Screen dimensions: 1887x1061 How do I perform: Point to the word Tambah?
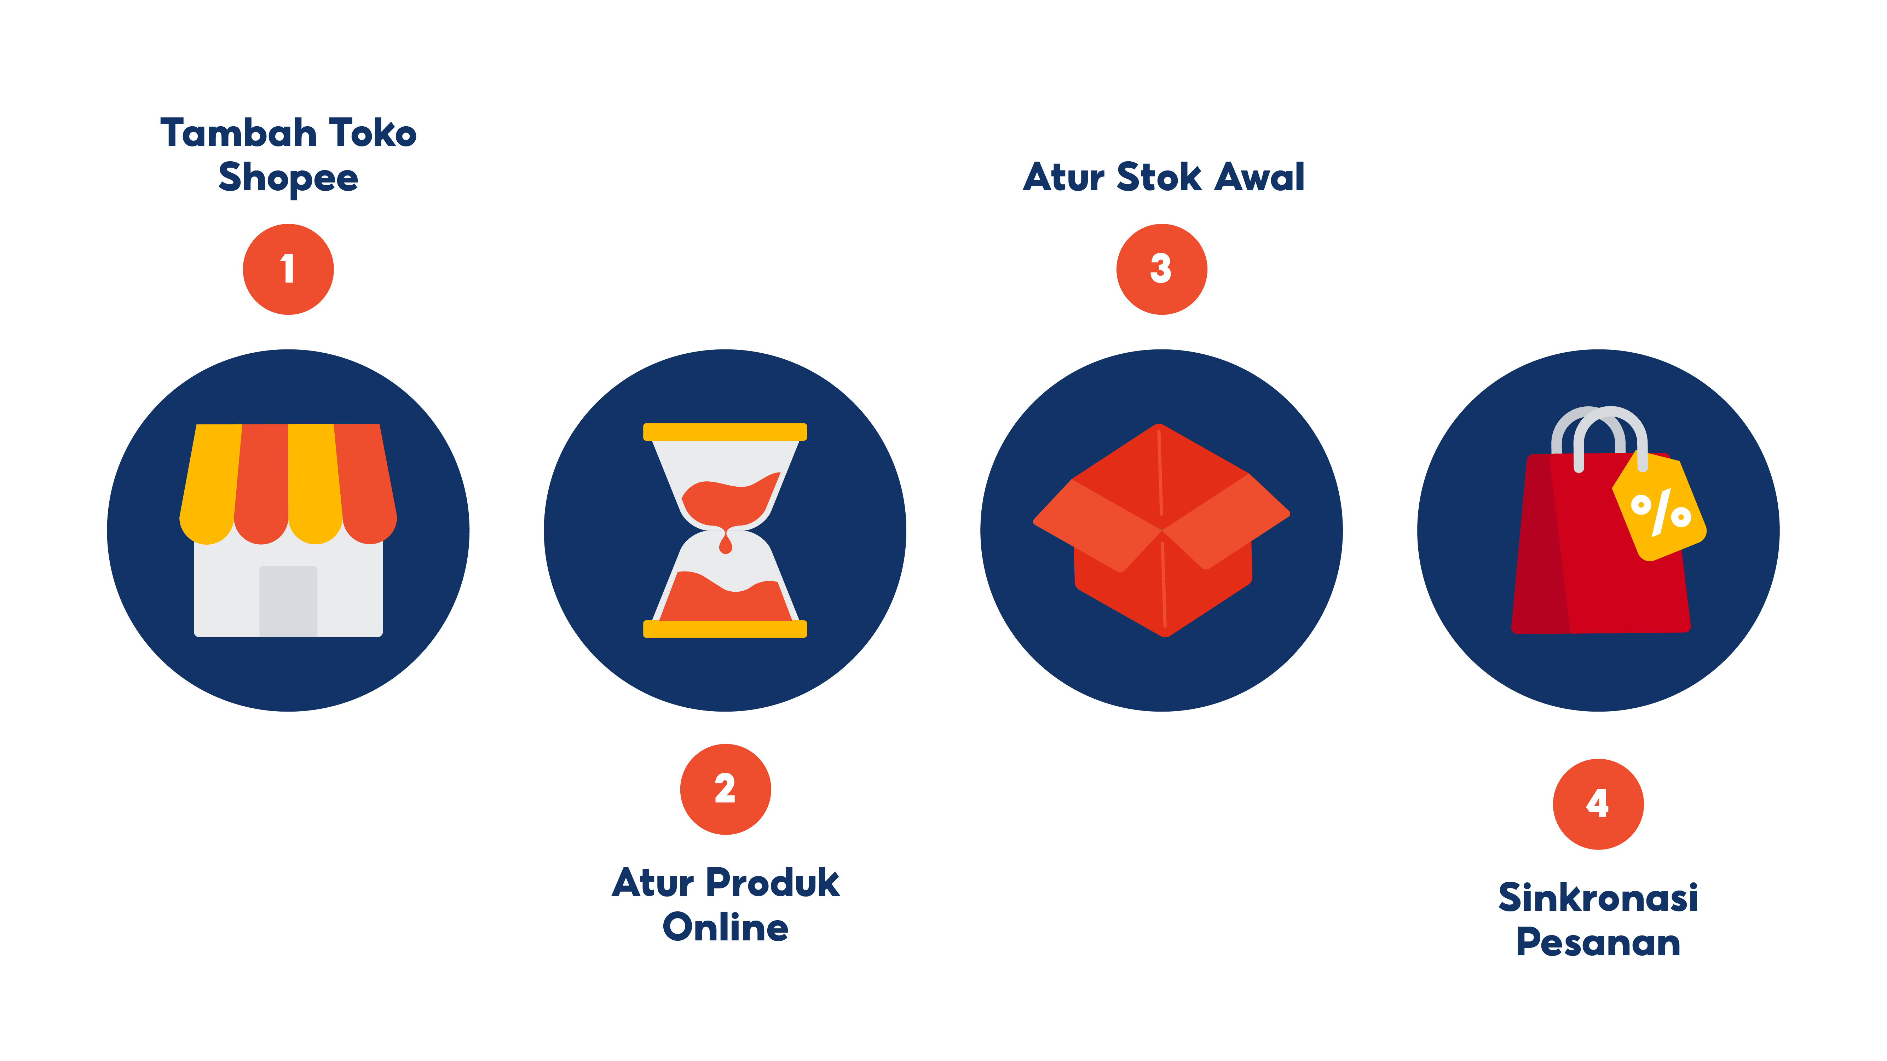(239, 133)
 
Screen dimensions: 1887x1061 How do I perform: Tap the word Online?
(725, 927)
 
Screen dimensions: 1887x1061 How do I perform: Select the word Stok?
(1159, 177)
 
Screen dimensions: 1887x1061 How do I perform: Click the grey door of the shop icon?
(288, 601)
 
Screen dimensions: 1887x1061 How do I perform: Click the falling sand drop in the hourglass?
(725, 543)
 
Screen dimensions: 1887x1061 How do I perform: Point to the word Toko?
(373, 133)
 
